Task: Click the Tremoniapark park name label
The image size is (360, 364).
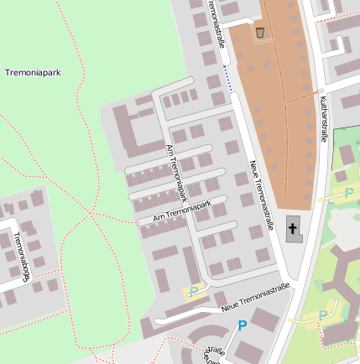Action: click(x=33, y=73)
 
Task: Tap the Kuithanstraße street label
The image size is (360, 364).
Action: click(x=323, y=118)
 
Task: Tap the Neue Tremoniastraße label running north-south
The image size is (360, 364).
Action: click(x=261, y=195)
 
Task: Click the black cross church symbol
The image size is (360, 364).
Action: click(x=293, y=227)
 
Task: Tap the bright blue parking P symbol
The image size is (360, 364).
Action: click(x=243, y=325)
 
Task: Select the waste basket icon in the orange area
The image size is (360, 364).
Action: click(x=260, y=33)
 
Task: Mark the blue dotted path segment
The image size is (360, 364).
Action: click(x=227, y=79)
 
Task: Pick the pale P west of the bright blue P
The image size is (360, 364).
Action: click(x=194, y=292)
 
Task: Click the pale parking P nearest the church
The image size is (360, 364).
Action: click(x=348, y=194)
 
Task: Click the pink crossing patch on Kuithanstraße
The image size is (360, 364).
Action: click(x=321, y=90)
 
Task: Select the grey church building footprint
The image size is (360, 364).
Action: click(x=293, y=229)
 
